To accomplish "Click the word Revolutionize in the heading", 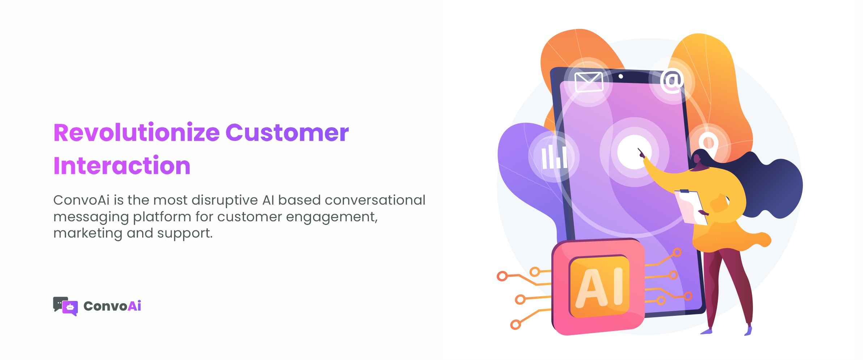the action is (136, 133).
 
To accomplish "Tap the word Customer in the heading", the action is (287, 133).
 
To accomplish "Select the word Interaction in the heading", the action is (122, 166).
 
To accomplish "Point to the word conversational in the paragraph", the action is (375, 200).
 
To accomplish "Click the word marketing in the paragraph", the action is (88, 233).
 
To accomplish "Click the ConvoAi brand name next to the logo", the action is (112, 306).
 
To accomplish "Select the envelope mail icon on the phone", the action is (589, 82).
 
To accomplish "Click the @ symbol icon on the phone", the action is (672, 81).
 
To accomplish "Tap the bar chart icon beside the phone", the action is (554, 157).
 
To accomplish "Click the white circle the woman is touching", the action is (634, 152).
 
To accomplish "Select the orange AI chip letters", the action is (599, 287).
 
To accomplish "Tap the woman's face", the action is (697, 160).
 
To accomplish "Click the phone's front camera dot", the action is (621, 76).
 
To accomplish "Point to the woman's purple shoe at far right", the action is (748, 330).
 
